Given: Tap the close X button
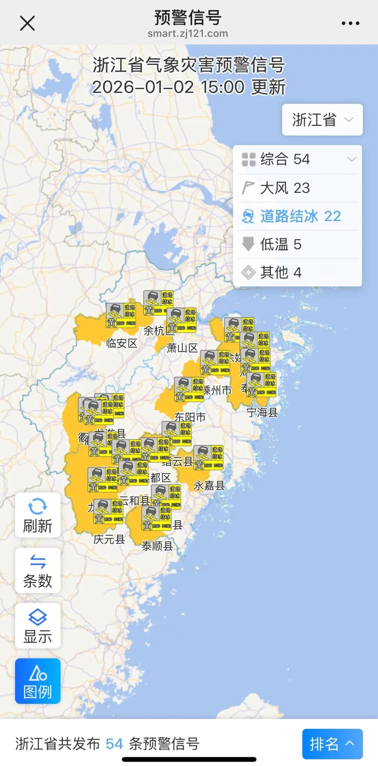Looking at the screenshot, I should [x=27, y=23].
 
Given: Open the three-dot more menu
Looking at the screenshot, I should [x=350, y=23].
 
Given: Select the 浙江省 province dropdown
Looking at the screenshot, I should [x=322, y=120].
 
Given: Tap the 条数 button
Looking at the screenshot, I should [x=37, y=570].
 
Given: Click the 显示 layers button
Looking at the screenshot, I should [x=37, y=626].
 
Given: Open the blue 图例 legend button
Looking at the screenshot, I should [x=37, y=681].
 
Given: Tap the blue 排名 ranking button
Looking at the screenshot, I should [x=332, y=744].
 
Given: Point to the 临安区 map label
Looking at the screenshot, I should [x=122, y=343].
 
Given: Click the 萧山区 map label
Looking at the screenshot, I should [x=182, y=348].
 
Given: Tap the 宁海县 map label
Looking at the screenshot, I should [x=262, y=413].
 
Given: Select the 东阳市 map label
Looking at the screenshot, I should [x=190, y=417].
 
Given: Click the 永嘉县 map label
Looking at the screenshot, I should [x=209, y=485].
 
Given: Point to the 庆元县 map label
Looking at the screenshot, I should [x=109, y=539].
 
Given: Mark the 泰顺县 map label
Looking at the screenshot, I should [x=157, y=546].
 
